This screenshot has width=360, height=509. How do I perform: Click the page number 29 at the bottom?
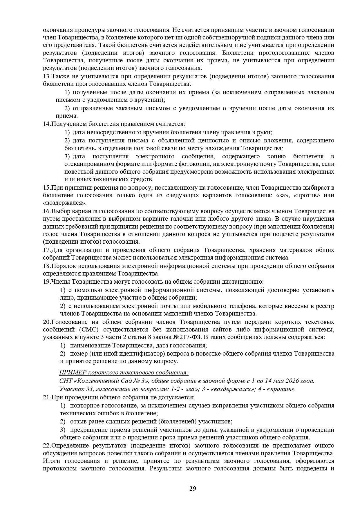(x=193, y=488)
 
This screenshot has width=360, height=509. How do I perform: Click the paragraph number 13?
(x=46, y=76)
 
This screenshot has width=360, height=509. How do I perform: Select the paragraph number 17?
(x=46, y=250)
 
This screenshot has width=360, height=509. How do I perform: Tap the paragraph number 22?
(x=46, y=445)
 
